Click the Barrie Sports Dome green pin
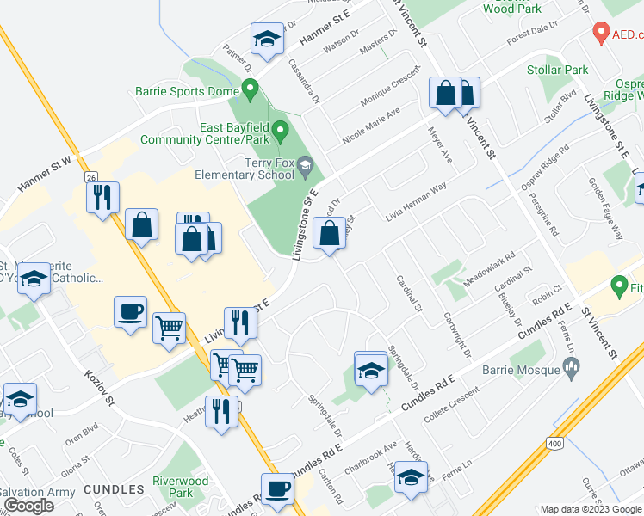pos(250,88)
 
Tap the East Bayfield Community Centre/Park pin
pos(280,132)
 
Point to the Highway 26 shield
pos(91,177)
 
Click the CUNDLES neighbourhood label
pos(115,489)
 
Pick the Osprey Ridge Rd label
pos(546,160)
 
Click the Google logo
pos(28,506)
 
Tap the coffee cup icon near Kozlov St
pos(130,311)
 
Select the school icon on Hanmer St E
pos(267,40)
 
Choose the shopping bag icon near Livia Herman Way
pos(330,233)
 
